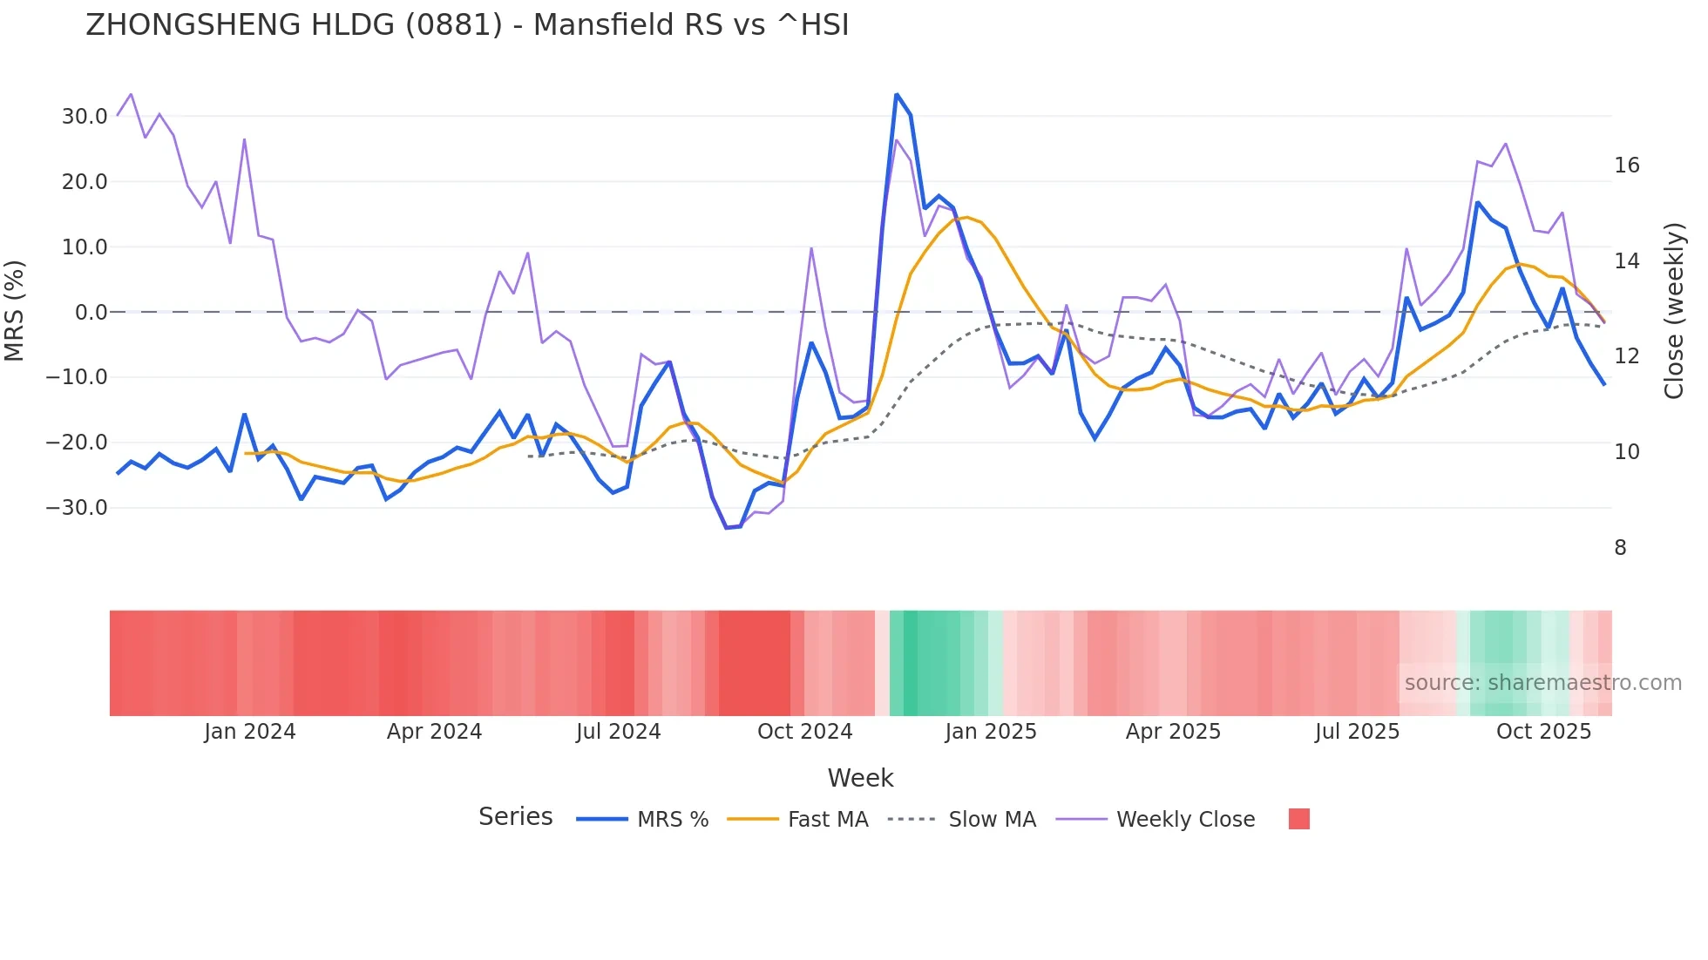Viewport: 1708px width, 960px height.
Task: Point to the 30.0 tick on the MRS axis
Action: click(84, 117)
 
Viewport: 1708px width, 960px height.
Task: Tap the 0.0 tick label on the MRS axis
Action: click(91, 313)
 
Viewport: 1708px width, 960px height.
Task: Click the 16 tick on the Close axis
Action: click(1626, 166)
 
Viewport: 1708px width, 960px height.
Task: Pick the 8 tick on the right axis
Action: click(1620, 548)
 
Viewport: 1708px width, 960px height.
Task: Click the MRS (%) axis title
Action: click(15, 311)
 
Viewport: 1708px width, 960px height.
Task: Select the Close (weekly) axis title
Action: click(1673, 311)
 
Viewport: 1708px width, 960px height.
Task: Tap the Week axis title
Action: click(860, 778)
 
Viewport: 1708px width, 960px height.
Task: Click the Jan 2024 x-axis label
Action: click(250, 732)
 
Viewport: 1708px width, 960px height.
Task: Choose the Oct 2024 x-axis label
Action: click(804, 732)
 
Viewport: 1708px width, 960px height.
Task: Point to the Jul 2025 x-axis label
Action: click(1357, 732)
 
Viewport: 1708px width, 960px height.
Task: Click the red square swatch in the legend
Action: click(1298, 819)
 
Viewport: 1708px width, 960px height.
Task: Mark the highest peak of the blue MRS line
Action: click(896, 94)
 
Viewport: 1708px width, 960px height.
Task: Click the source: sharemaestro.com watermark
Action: click(1542, 683)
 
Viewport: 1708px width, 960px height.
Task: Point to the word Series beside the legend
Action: click(515, 817)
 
